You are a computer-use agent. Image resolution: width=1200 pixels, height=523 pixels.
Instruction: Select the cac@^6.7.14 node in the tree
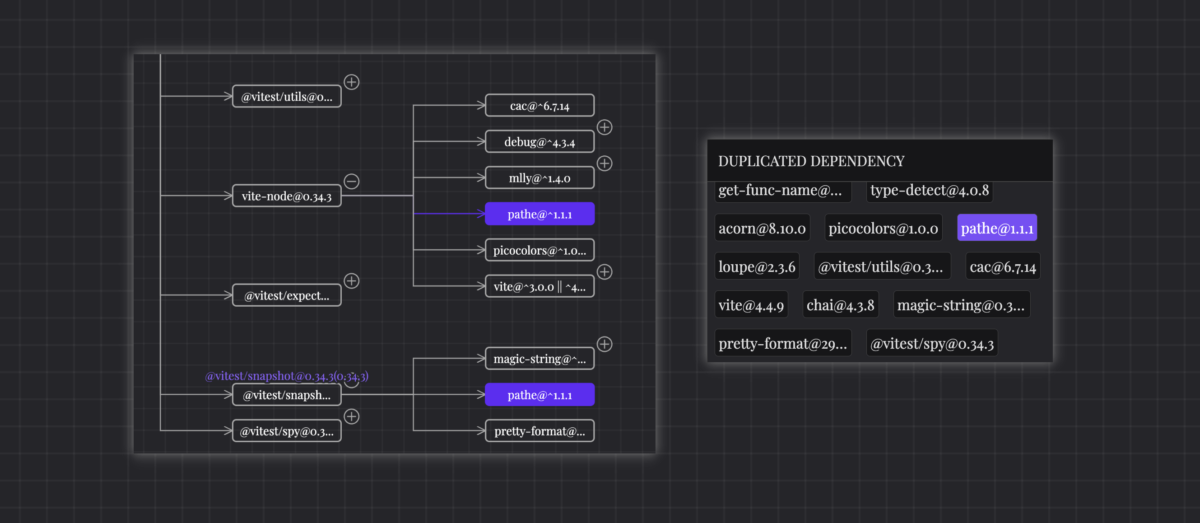[x=540, y=106]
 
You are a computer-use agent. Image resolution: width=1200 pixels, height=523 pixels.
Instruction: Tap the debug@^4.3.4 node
[x=540, y=142]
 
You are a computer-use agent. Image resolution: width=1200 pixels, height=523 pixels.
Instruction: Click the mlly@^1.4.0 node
[x=540, y=178]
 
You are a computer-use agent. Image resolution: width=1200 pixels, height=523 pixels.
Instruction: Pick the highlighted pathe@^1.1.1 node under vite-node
[x=540, y=215]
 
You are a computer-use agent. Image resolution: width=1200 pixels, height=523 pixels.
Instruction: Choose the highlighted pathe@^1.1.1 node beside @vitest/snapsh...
[x=540, y=395]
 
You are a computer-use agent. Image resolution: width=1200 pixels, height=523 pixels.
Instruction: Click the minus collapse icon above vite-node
[x=351, y=181]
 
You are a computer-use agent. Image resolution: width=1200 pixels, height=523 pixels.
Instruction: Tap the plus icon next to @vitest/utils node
[x=351, y=82]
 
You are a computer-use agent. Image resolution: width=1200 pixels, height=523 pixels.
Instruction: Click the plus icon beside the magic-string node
[x=604, y=345]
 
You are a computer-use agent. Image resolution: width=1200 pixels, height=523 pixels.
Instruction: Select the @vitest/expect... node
[x=287, y=295]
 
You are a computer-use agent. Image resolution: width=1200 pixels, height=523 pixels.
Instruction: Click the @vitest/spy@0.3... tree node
[x=287, y=431]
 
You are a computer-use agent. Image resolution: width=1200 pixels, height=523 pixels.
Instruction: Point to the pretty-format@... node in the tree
[x=540, y=431]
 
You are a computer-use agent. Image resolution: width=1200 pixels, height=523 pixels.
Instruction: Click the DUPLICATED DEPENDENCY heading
[x=810, y=161]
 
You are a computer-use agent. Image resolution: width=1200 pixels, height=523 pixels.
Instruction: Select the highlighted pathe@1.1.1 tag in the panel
[x=996, y=229]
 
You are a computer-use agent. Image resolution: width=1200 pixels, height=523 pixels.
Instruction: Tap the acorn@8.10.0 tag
[x=762, y=229]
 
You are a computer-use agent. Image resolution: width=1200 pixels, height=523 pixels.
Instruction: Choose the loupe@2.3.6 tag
[x=757, y=266]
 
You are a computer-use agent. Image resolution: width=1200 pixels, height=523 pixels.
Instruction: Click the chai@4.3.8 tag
[x=840, y=305]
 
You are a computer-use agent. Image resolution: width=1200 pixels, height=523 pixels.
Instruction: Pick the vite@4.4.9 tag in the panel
[x=751, y=305]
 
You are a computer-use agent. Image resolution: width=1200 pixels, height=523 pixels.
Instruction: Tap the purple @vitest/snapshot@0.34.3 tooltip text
[x=287, y=376]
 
